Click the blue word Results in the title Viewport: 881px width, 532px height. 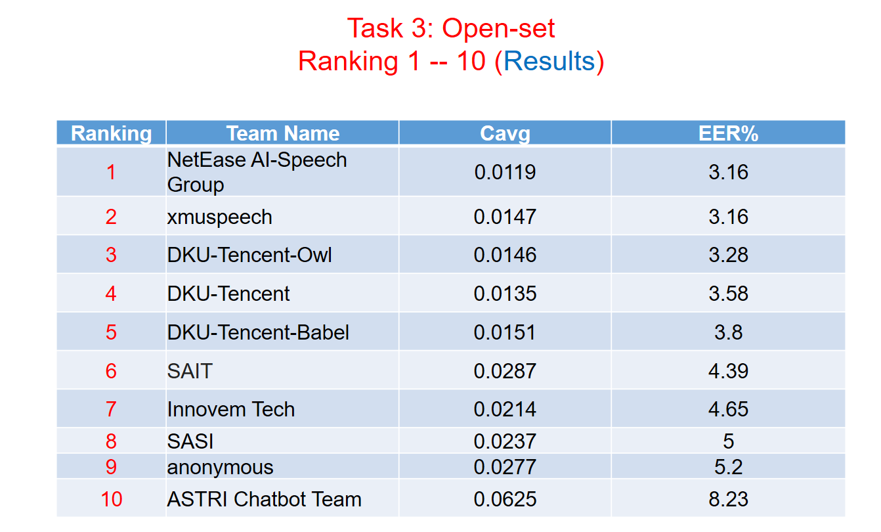click(x=549, y=61)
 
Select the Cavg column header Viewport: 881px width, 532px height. click(x=505, y=133)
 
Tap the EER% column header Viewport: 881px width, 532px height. click(x=729, y=133)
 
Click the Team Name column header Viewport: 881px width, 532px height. click(x=283, y=133)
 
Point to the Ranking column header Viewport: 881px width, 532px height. click(x=112, y=133)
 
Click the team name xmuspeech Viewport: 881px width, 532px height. click(x=219, y=217)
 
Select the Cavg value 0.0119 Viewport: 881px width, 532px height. click(x=505, y=172)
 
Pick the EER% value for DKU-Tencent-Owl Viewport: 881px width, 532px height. click(x=729, y=255)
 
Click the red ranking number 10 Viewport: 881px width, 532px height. click(x=112, y=499)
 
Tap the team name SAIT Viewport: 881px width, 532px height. click(x=190, y=371)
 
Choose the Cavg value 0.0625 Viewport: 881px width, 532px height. click(x=505, y=499)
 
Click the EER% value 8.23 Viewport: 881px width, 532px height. click(x=729, y=499)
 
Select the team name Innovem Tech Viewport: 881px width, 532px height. click(x=231, y=409)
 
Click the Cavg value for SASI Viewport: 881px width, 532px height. click(x=505, y=441)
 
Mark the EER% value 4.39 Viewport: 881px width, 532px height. click(x=729, y=371)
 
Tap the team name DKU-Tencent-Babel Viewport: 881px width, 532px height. click(x=258, y=332)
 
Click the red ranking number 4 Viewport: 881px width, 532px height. click(x=112, y=294)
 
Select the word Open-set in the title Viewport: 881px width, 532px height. click(x=498, y=28)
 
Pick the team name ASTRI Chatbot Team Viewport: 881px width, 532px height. click(x=265, y=499)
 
